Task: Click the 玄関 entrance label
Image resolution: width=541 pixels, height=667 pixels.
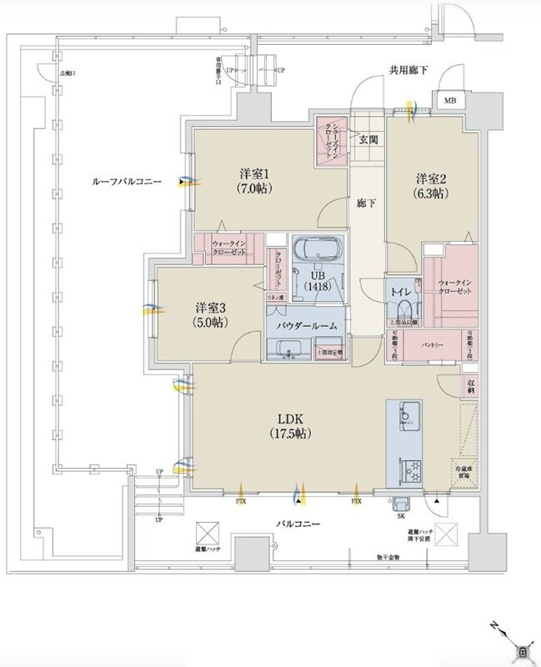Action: [x=368, y=139]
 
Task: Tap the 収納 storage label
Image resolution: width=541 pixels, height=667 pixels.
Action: [x=471, y=385]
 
